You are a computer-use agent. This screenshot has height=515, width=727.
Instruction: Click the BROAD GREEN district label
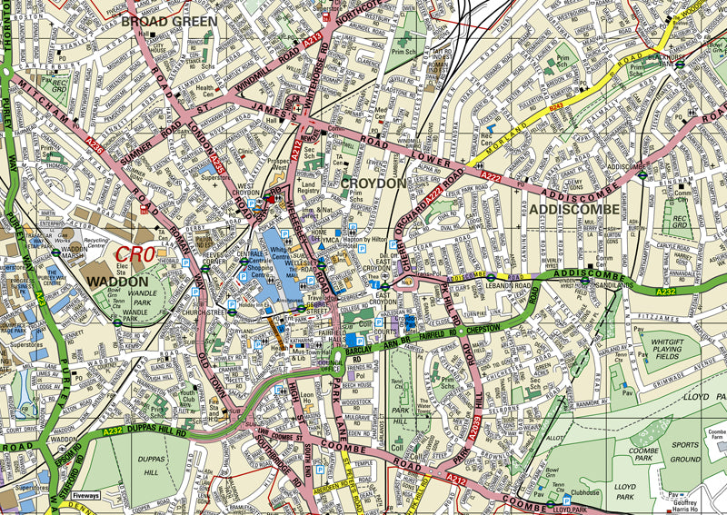click(169, 20)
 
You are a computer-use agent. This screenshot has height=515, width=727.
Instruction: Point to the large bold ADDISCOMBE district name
click(573, 209)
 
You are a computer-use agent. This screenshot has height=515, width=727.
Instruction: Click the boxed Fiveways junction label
click(85, 496)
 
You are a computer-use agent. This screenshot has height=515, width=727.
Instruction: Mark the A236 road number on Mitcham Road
click(68, 142)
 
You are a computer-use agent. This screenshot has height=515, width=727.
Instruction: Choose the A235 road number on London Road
click(215, 161)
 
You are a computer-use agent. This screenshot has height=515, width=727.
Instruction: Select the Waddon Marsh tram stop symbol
click(56, 253)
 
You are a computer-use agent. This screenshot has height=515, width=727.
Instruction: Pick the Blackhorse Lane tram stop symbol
click(692, 64)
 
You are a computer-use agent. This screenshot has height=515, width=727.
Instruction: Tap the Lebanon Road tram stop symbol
click(491, 277)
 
